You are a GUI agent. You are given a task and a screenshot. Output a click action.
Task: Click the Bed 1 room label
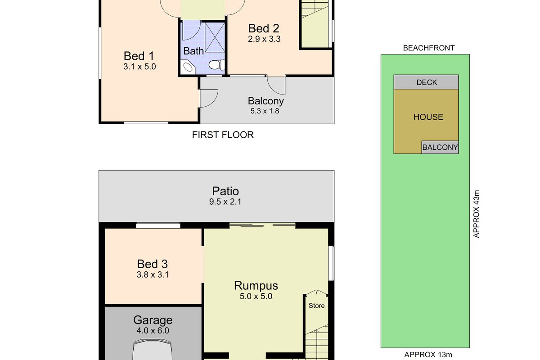pos(139,56)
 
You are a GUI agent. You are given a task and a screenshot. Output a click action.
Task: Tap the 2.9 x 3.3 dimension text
pos(264,39)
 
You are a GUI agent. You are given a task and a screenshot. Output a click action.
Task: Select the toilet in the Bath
pos(216,65)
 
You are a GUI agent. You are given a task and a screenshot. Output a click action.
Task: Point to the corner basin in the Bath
pos(188,67)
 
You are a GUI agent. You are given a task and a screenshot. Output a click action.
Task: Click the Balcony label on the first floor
pos(265,101)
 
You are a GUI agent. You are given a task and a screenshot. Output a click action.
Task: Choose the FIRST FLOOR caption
pos(223,135)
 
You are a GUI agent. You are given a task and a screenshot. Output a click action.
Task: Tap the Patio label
pos(225,192)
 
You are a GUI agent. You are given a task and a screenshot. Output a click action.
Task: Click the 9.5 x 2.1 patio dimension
pos(225,202)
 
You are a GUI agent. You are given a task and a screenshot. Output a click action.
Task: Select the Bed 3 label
pos(153,264)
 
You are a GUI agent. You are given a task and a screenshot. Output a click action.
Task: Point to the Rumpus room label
pos(256,285)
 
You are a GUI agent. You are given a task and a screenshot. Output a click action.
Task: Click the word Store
pos(316,306)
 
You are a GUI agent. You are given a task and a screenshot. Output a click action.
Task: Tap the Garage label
pos(153,320)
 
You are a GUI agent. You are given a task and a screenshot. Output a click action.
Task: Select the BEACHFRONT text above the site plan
pos(428,48)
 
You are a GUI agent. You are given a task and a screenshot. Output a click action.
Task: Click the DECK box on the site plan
pos(426,82)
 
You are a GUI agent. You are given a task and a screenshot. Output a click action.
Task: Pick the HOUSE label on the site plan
pos(428,117)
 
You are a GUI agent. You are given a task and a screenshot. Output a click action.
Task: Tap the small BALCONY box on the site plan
pos(440,147)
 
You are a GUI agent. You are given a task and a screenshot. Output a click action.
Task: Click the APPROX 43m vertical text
pos(477,214)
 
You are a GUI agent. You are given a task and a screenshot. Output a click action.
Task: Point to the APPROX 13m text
pos(425,355)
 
